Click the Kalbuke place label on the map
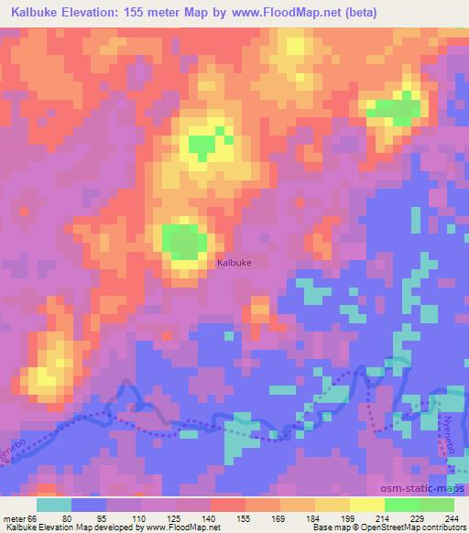[x=234, y=263]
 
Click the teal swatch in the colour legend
[x=54, y=504]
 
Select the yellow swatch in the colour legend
[x=365, y=504]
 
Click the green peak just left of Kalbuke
[x=184, y=241]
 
